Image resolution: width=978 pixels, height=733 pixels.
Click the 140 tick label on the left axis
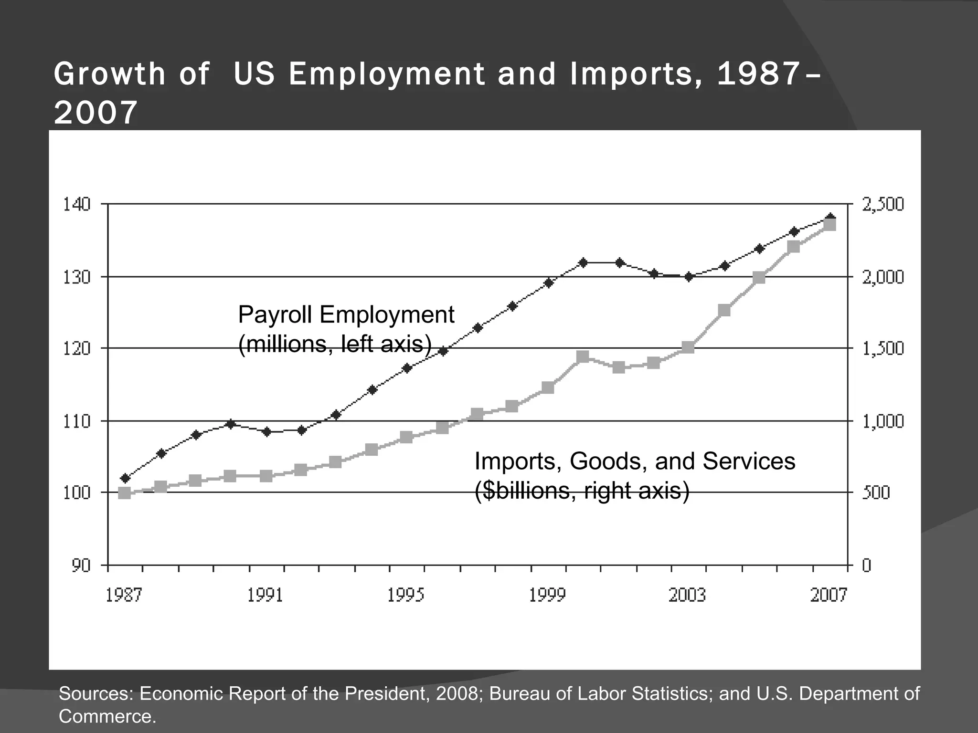click(76, 204)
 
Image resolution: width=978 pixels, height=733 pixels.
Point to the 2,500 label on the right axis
click(882, 204)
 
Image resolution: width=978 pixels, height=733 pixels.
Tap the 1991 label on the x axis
click(265, 595)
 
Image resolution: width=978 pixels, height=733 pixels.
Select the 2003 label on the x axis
click(687, 595)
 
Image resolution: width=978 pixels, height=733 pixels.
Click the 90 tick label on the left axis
click(81, 566)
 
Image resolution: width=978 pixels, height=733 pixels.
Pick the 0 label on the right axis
click(866, 566)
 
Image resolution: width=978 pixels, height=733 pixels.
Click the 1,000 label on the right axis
click(882, 421)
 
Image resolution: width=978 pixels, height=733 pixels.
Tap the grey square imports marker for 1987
click(125, 493)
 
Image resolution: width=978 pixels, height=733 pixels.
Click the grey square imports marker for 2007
click(830, 225)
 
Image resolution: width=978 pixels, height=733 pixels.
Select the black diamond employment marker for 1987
click(126, 478)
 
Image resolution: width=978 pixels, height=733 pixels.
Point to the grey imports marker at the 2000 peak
click(583, 357)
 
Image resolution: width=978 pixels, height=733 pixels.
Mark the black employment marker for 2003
click(689, 277)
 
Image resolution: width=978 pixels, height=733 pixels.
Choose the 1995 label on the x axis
click(406, 595)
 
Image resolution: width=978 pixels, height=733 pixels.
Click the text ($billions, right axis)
click(582, 491)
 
